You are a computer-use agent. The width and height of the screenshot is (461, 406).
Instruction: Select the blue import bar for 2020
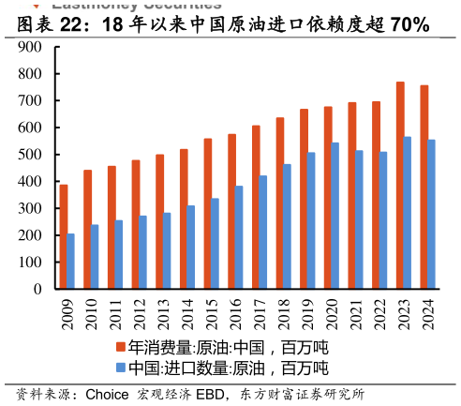[335, 216]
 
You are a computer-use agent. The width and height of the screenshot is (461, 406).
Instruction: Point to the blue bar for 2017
[263, 233]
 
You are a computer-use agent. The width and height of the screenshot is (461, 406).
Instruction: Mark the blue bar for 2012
[143, 252]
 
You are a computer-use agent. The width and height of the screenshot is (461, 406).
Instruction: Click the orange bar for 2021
[352, 196]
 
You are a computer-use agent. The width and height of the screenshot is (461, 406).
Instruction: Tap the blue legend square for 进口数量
[121, 368]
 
